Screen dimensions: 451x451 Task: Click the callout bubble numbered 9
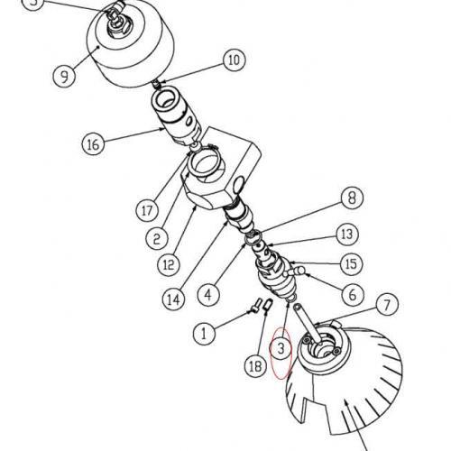[64, 76]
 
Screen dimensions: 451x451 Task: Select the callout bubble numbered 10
[235, 60]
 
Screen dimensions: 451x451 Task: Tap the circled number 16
[93, 144]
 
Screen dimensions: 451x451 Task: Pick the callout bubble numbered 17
[147, 210]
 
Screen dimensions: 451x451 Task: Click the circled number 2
[157, 239]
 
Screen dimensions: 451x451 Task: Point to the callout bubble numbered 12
[169, 264]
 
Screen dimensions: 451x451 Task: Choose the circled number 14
[173, 299]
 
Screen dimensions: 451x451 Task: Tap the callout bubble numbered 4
[208, 295]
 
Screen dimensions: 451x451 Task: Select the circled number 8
[352, 198]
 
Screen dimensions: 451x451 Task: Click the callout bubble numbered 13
[347, 234]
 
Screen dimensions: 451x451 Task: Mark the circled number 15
[352, 264]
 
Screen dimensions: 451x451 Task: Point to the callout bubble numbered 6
[353, 294]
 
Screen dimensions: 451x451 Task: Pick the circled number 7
[387, 305]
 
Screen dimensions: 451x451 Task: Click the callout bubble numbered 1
[204, 334]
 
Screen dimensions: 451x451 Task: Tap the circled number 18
[255, 366]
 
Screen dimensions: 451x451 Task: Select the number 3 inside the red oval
[281, 349]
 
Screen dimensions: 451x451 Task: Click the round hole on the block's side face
[239, 185]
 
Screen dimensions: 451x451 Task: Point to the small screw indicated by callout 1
[256, 306]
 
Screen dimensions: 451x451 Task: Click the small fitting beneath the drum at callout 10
[156, 84]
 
